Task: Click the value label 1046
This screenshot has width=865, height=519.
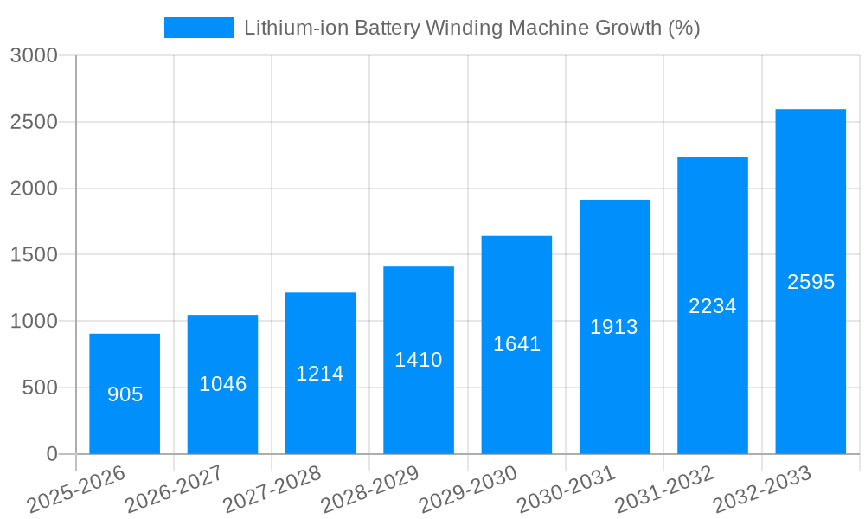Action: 222,384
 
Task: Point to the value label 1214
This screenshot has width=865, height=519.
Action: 320,374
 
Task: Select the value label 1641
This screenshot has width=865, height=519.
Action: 516,344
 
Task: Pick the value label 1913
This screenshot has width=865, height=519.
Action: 614,327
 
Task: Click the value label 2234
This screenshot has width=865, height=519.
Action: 712,306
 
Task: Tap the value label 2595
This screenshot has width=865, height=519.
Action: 811,282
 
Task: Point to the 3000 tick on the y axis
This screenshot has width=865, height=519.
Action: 34,56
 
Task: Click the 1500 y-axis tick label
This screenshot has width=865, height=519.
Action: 34,255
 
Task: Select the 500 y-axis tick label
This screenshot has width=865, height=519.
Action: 40,388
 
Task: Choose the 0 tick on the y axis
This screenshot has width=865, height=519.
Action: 52,454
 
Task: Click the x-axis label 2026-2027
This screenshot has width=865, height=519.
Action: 174,489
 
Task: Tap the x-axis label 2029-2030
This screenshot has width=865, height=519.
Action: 468,489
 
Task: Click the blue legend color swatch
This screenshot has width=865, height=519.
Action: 199,28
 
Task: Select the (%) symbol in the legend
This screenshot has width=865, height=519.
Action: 683,28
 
